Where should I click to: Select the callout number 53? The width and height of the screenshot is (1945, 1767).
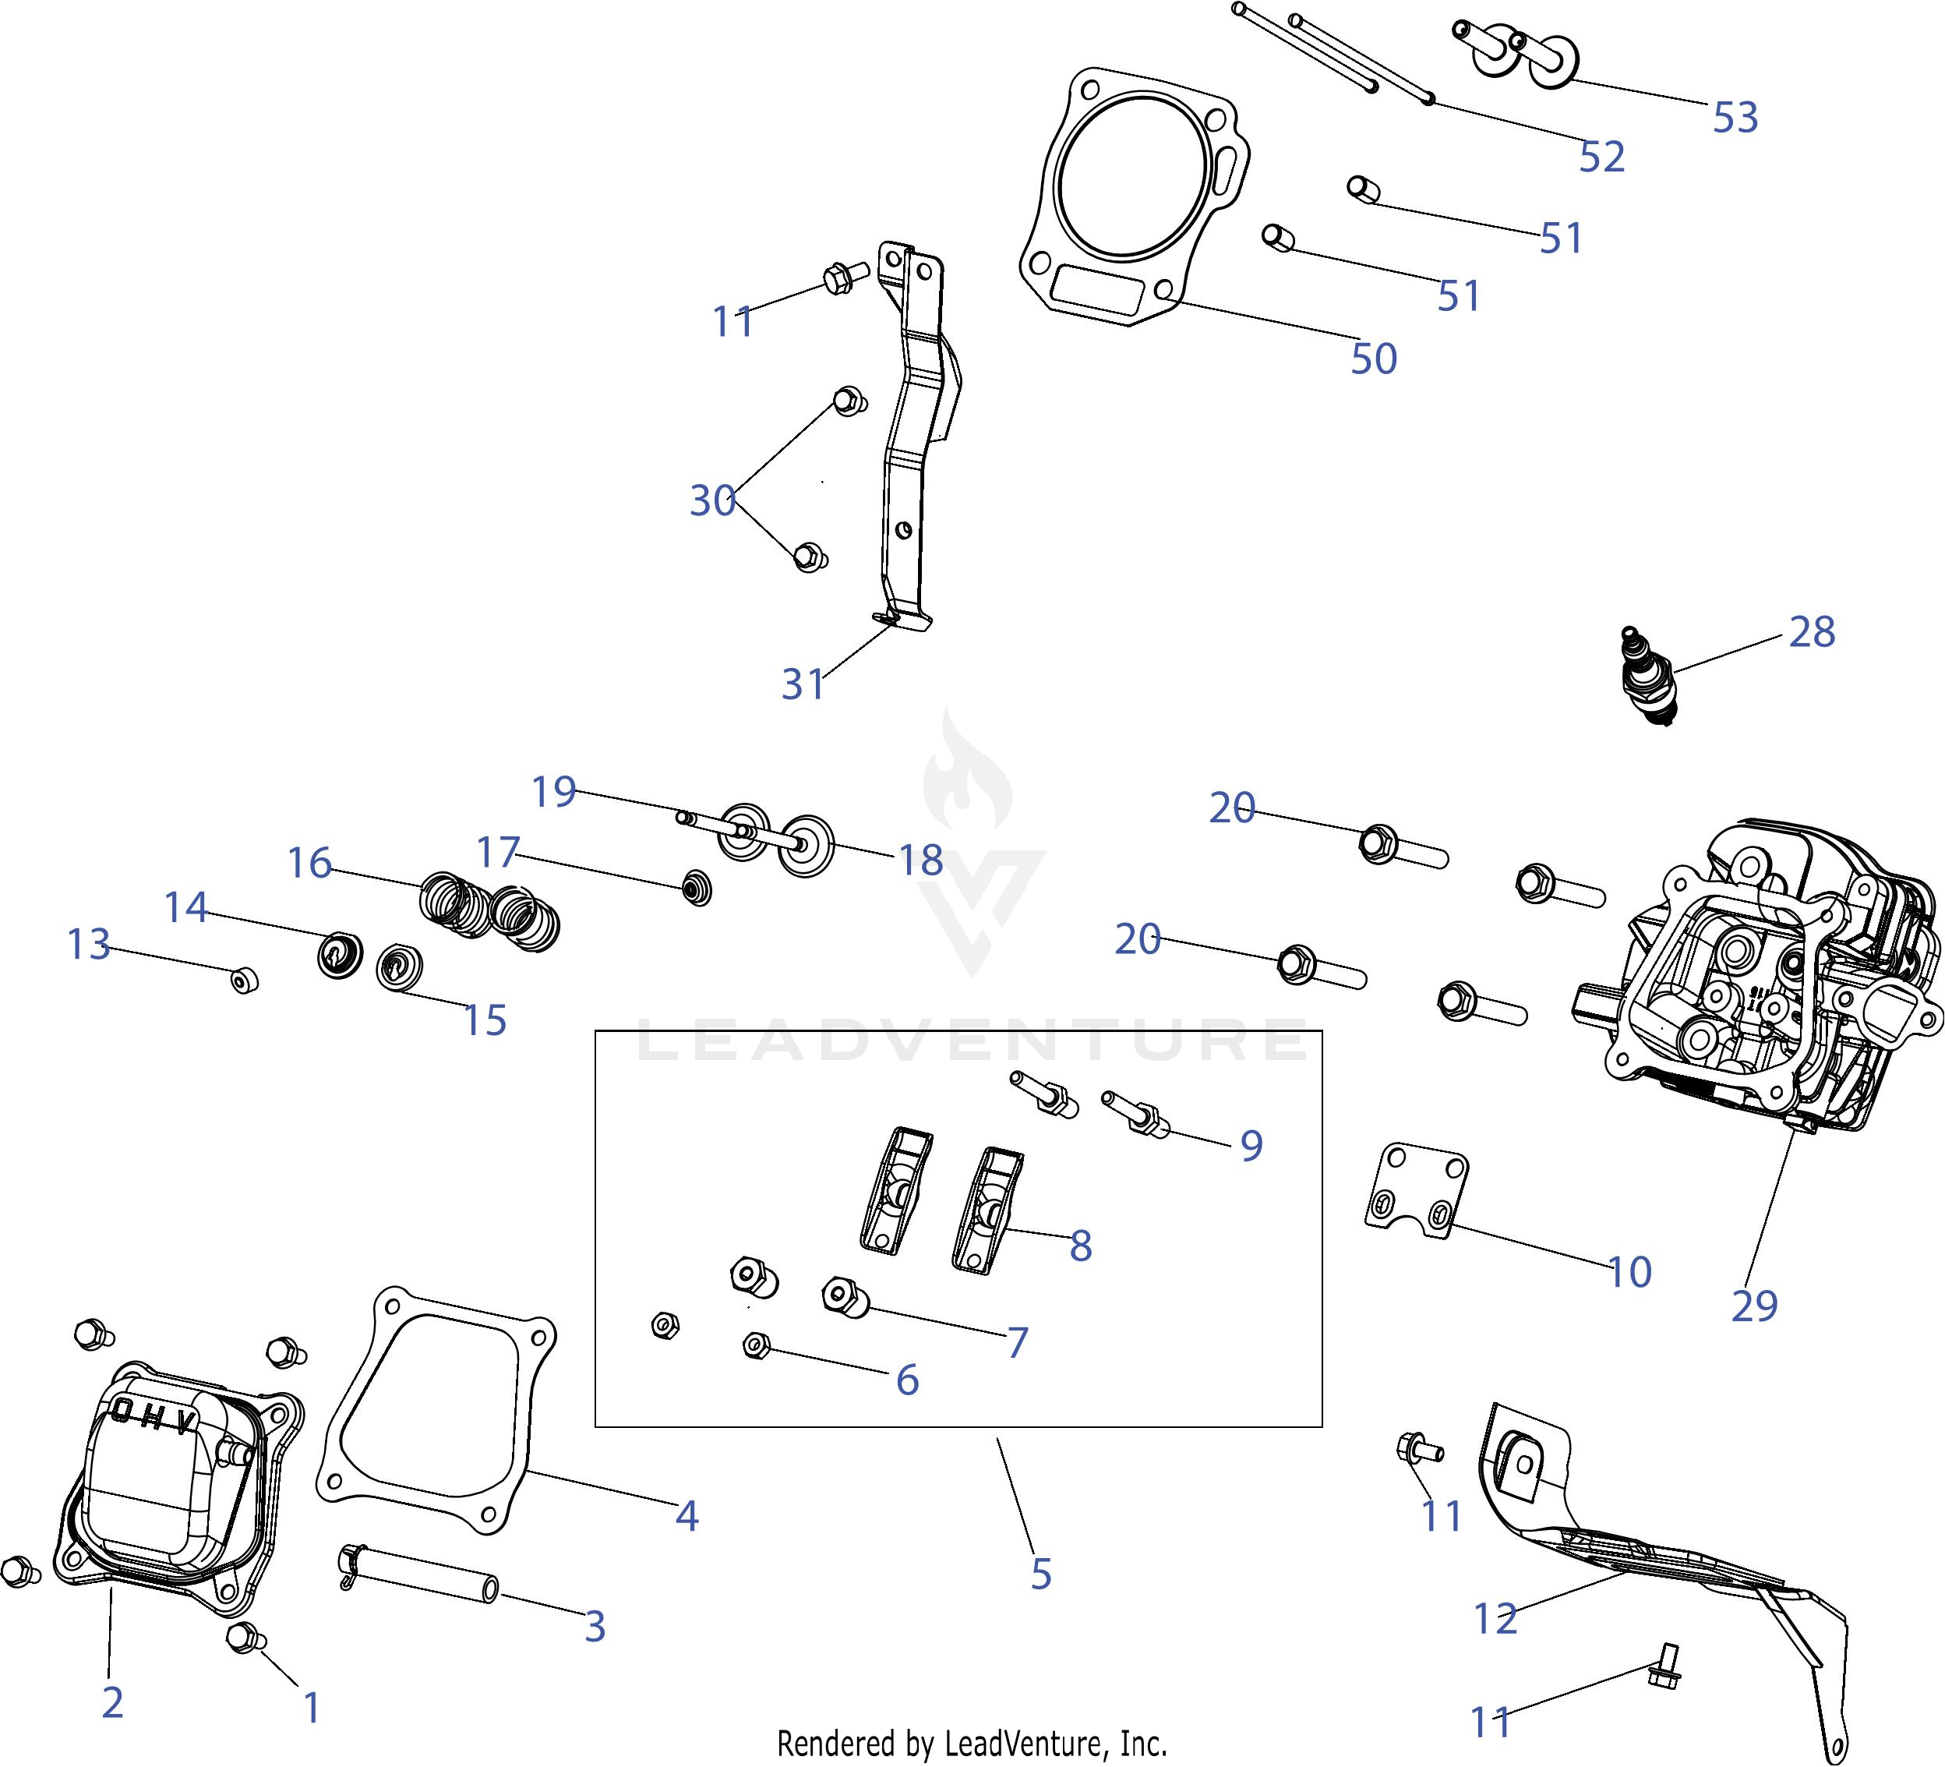point(1735,118)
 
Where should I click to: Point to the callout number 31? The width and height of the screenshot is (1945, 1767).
point(803,684)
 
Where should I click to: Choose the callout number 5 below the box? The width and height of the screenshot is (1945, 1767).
point(1040,1574)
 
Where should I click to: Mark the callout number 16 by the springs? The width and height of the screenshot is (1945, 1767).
point(309,863)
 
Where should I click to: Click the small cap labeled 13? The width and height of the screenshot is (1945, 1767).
point(244,981)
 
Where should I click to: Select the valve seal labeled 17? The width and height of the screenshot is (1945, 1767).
point(697,886)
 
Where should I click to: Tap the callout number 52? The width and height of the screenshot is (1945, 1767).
point(1601,157)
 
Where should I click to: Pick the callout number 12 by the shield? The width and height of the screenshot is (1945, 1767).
point(1495,1618)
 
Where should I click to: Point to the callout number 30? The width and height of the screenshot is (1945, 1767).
point(712,500)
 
